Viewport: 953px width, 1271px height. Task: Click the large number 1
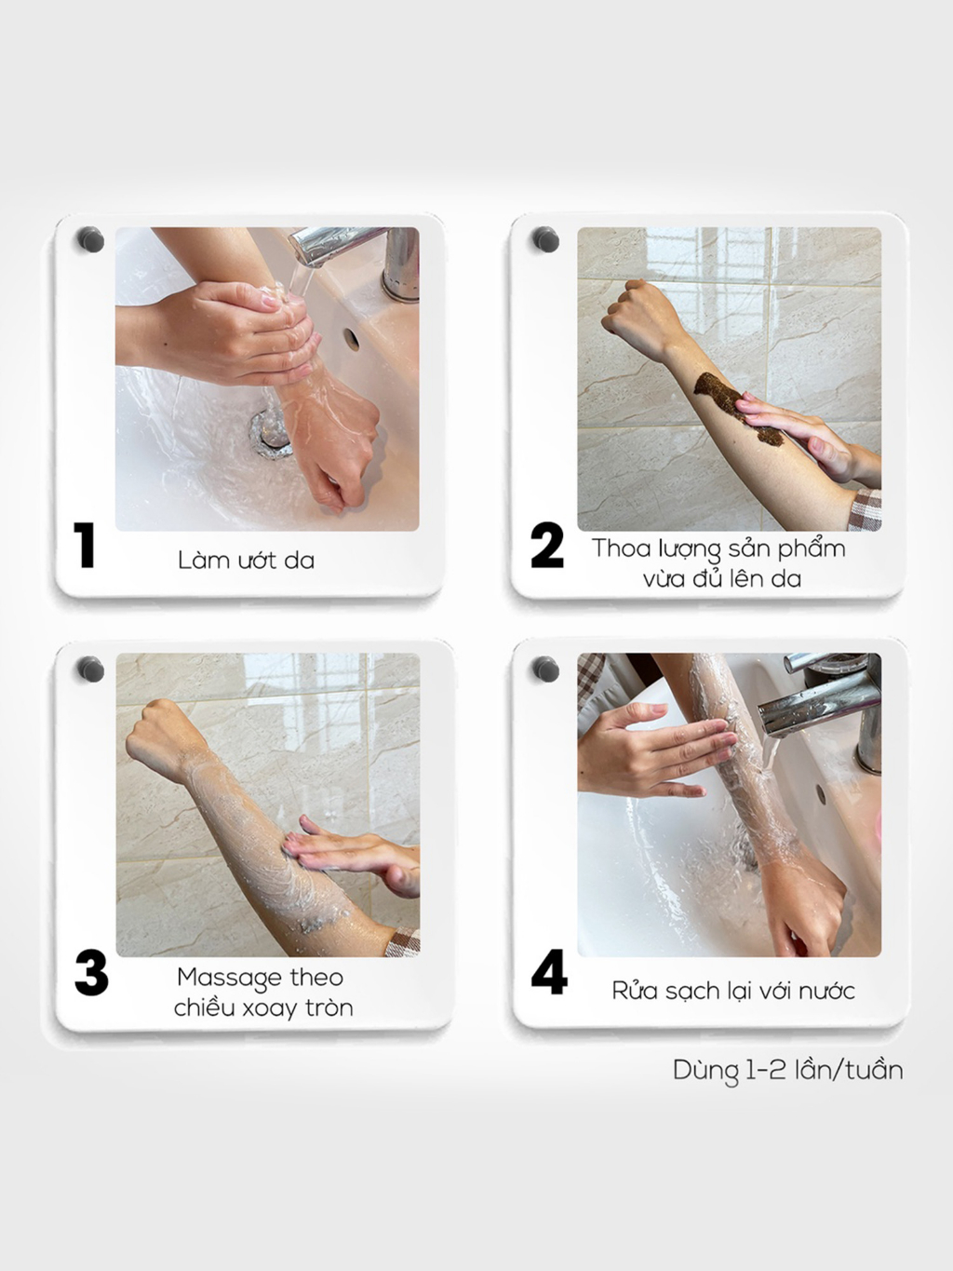click(85, 545)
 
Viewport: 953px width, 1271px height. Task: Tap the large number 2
click(546, 545)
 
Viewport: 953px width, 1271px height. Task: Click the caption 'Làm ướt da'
click(246, 560)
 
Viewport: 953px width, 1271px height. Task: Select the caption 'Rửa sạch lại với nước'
click(733, 990)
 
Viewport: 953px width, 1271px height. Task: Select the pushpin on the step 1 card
click(91, 239)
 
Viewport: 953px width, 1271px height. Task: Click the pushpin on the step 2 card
click(545, 239)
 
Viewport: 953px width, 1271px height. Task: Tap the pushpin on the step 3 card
click(91, 669)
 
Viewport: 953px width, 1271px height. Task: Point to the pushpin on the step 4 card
click(545, 669)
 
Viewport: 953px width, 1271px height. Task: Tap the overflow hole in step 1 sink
click(351, 339)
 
